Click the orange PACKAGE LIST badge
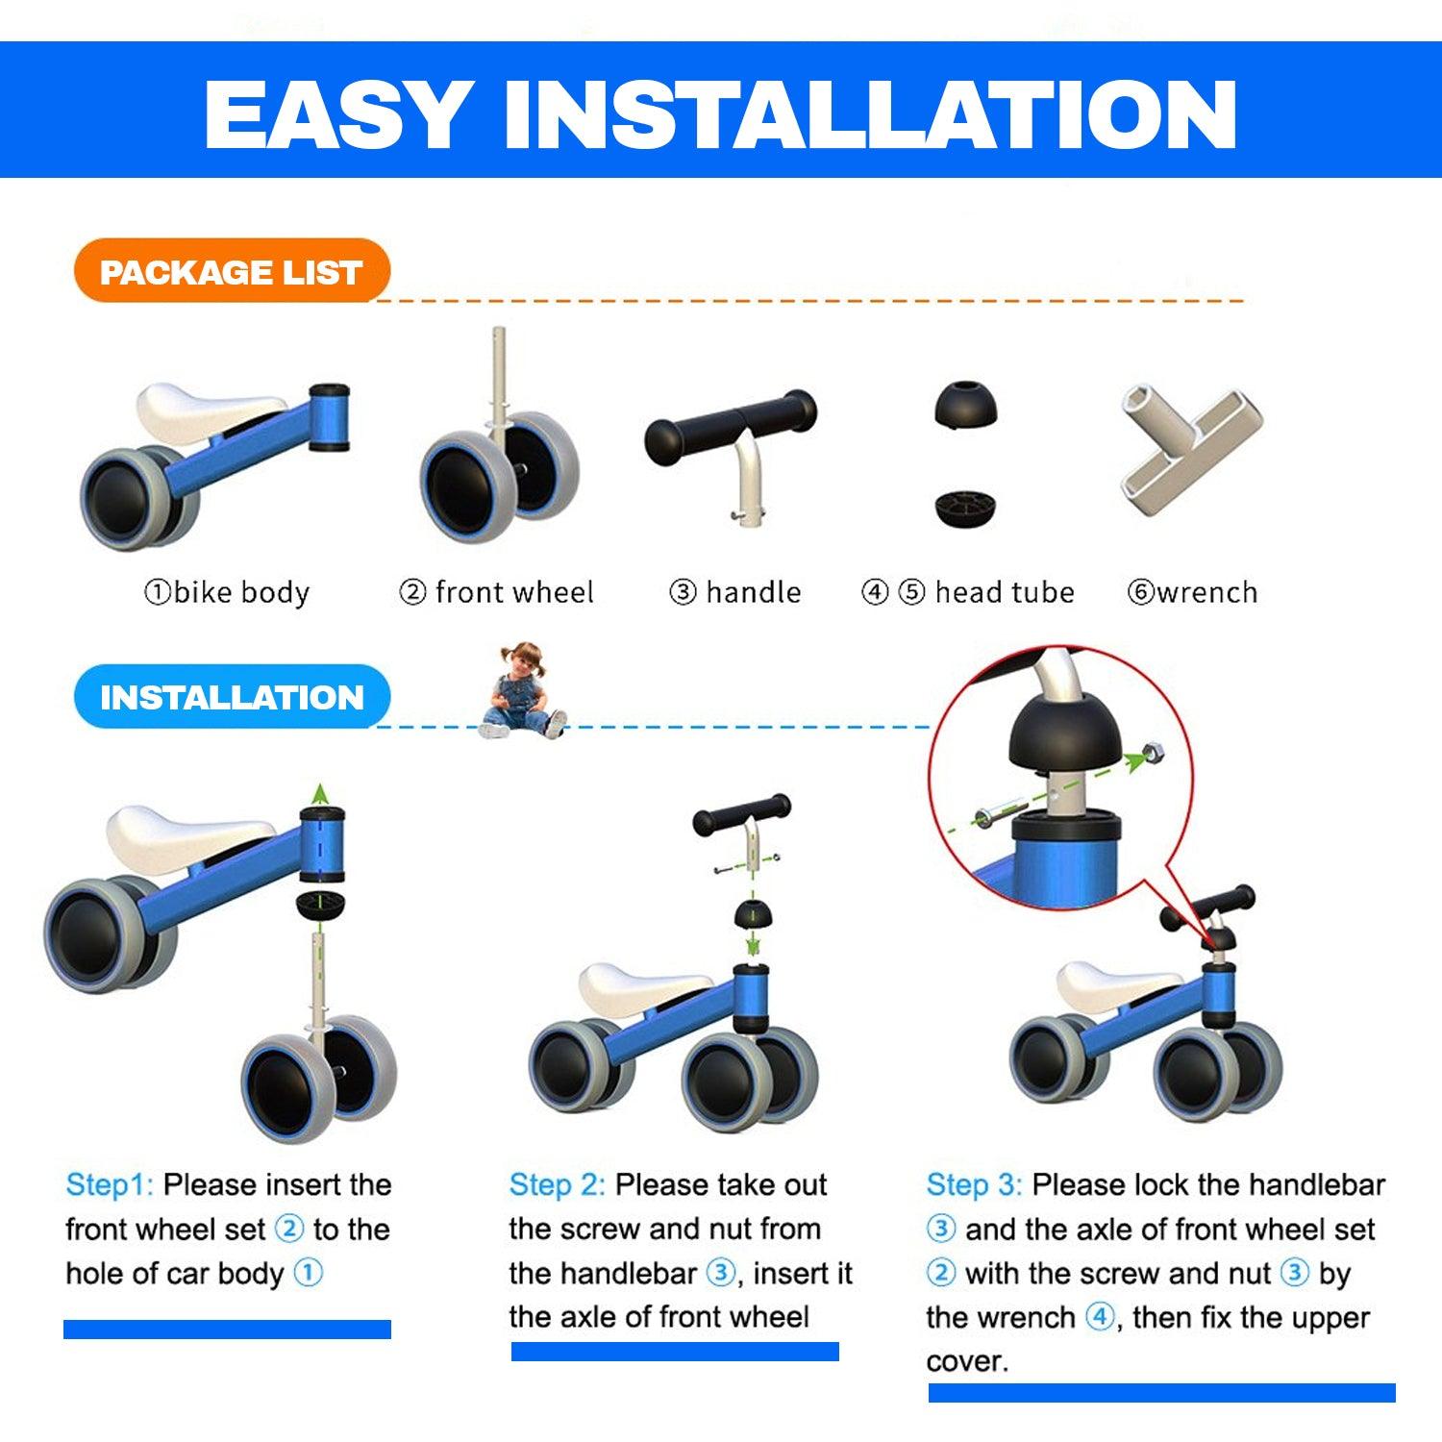click(232, 271)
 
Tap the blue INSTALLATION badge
click(232, 696)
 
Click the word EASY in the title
click(337, 114)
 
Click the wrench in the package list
click(1190, 447)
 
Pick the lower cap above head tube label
click(965, 508)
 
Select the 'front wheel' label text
click(514, 592)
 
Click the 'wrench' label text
click(1207, 592)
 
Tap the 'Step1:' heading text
click(110, 1184)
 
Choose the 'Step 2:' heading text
click(557, 1184)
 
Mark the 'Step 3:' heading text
click(974, 1184)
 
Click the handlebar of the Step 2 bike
click(742, 815)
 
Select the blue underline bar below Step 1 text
click(227, 1330)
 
